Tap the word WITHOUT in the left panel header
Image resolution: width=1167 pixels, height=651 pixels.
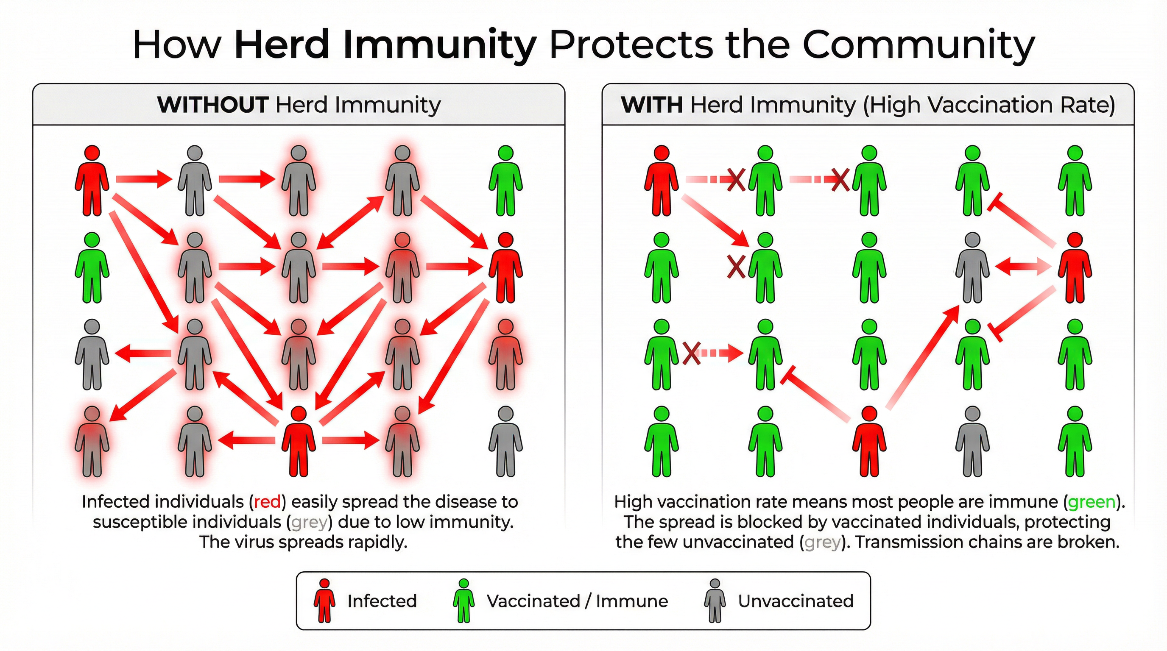point(212,105)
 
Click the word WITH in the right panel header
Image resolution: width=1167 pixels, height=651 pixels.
point(651,105)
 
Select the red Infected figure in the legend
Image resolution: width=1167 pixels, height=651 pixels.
point(324,601)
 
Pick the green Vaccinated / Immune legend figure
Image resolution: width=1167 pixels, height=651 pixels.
point(463,601)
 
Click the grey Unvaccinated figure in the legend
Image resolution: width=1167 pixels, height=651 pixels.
point(715,601)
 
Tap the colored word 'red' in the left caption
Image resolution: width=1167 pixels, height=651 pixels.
point(267,502)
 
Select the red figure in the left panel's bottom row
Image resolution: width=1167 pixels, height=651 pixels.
point(299,441)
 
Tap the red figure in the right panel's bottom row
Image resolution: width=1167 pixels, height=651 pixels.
point(869,441)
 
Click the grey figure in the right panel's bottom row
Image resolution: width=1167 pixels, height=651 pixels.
point(973,441)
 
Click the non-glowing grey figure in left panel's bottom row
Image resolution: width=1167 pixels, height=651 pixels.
point(505,441)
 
